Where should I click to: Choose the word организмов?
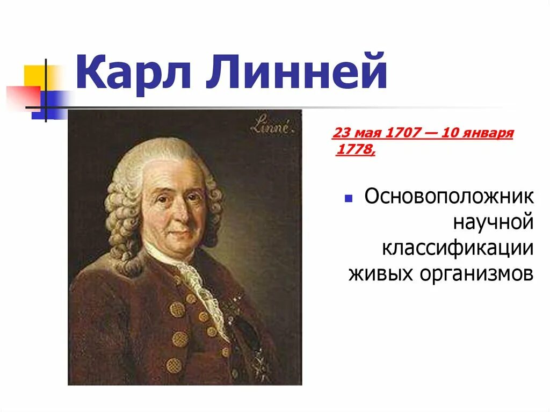(477, 274)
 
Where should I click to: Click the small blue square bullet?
(348, 199)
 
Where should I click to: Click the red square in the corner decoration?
(24, 96)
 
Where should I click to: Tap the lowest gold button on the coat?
(173, 365)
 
